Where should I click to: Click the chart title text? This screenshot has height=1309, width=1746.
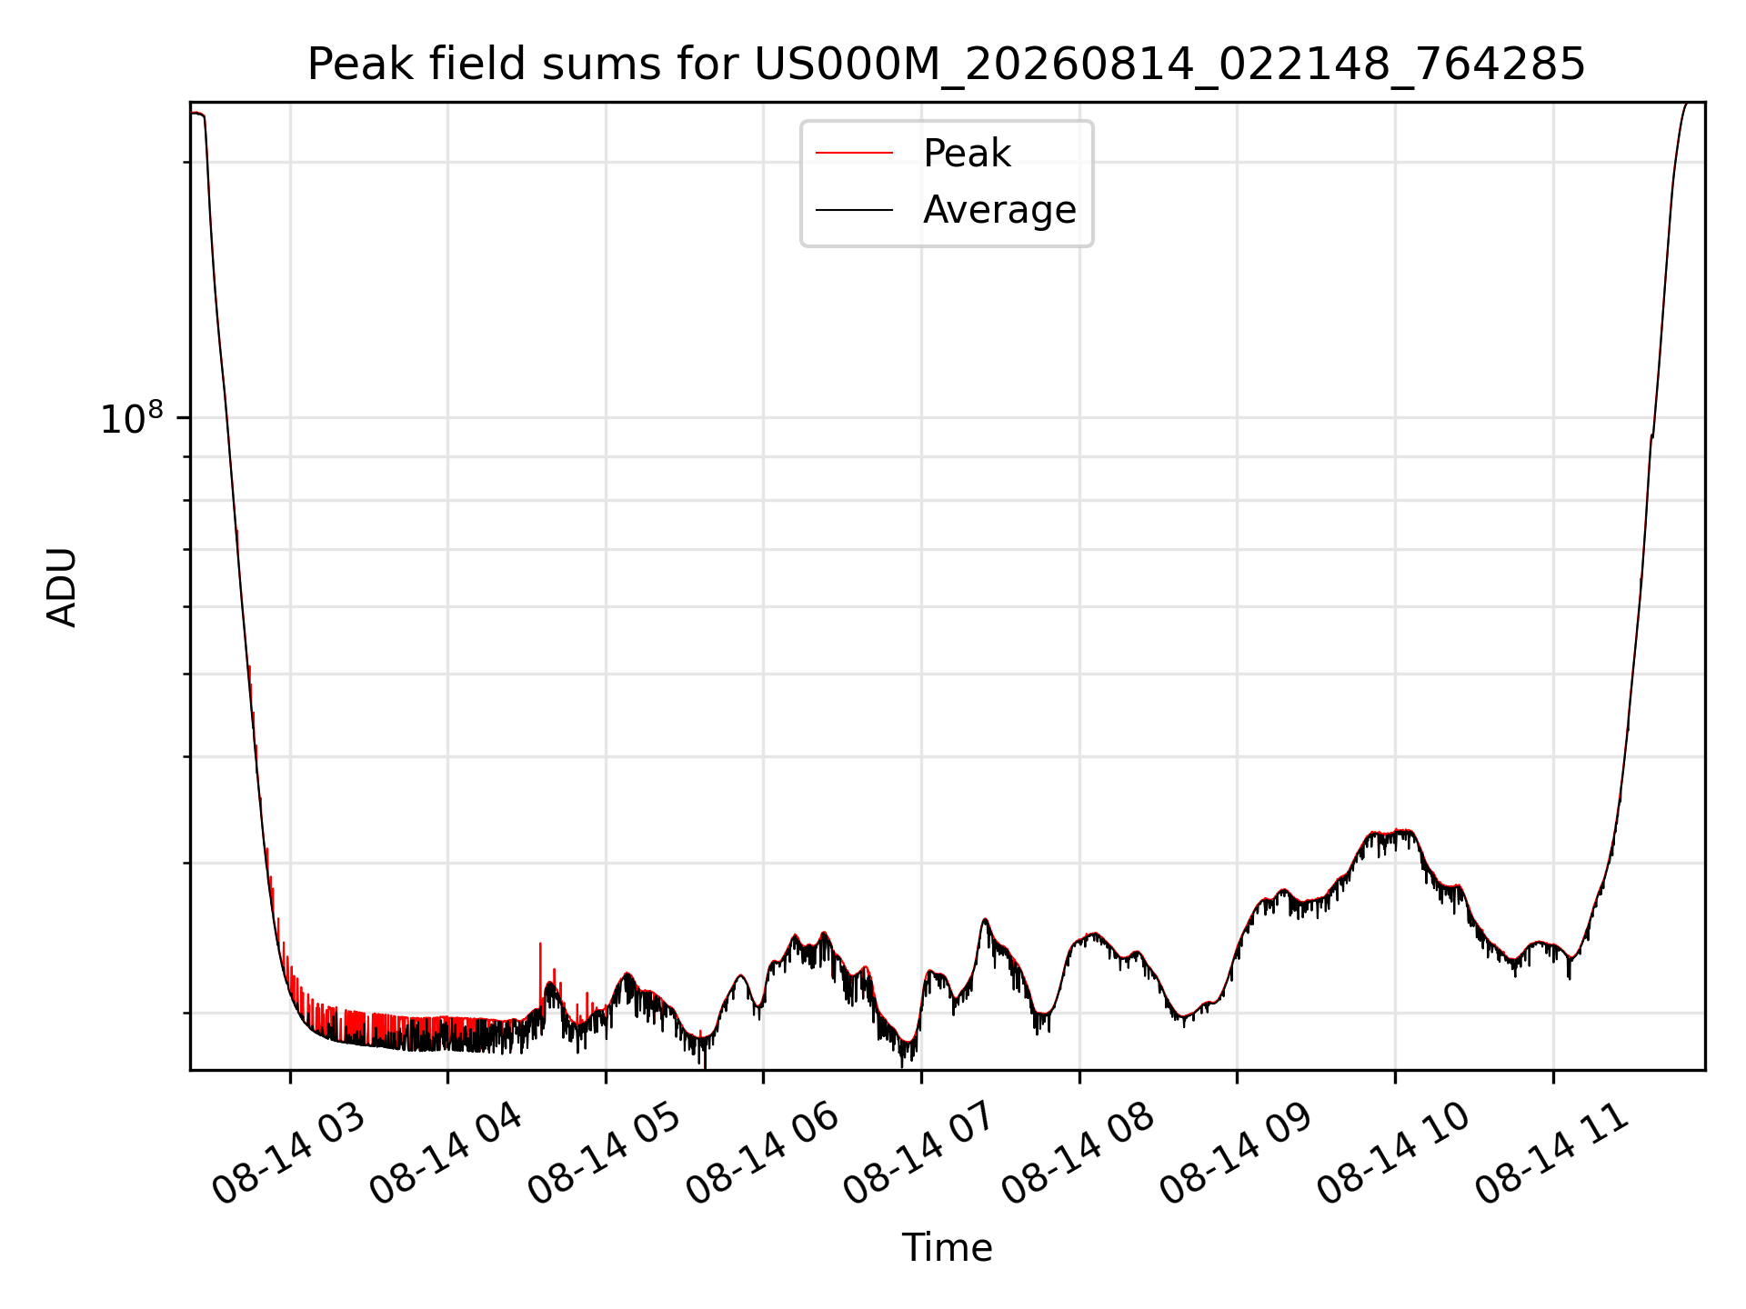click(947, 65)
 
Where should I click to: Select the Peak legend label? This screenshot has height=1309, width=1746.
click(967, 154)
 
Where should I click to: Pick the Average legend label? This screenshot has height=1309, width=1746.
click(999, 210)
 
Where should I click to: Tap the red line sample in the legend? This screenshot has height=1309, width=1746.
click(854, 154)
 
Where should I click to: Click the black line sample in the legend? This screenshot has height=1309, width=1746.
click(854, 211)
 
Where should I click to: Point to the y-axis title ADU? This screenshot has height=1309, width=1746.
click(62, 587)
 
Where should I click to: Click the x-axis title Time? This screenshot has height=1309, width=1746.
click(947, 1248)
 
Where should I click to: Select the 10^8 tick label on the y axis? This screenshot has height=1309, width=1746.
click(132, 418)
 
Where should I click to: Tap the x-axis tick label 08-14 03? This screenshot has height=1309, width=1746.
click(289, 1154)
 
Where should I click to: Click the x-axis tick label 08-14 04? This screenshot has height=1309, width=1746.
click(447, 1154)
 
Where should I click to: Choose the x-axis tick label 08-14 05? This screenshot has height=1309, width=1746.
click(605, 1154)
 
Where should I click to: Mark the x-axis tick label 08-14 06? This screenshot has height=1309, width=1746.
click(763, 1154)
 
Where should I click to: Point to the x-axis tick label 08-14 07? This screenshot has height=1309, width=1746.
click(920, 1154)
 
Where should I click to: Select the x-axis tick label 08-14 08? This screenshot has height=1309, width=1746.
click(1079, 1154)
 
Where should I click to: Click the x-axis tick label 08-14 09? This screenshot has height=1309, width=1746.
click(1237, 1154)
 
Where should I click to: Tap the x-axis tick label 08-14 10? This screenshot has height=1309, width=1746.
click(1394, 1154)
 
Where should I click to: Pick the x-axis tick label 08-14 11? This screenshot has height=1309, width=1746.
click(1552, 1154)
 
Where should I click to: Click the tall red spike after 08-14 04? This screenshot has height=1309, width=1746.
click(541, 973)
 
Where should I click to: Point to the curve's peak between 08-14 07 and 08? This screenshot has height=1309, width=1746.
click(985, 920)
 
